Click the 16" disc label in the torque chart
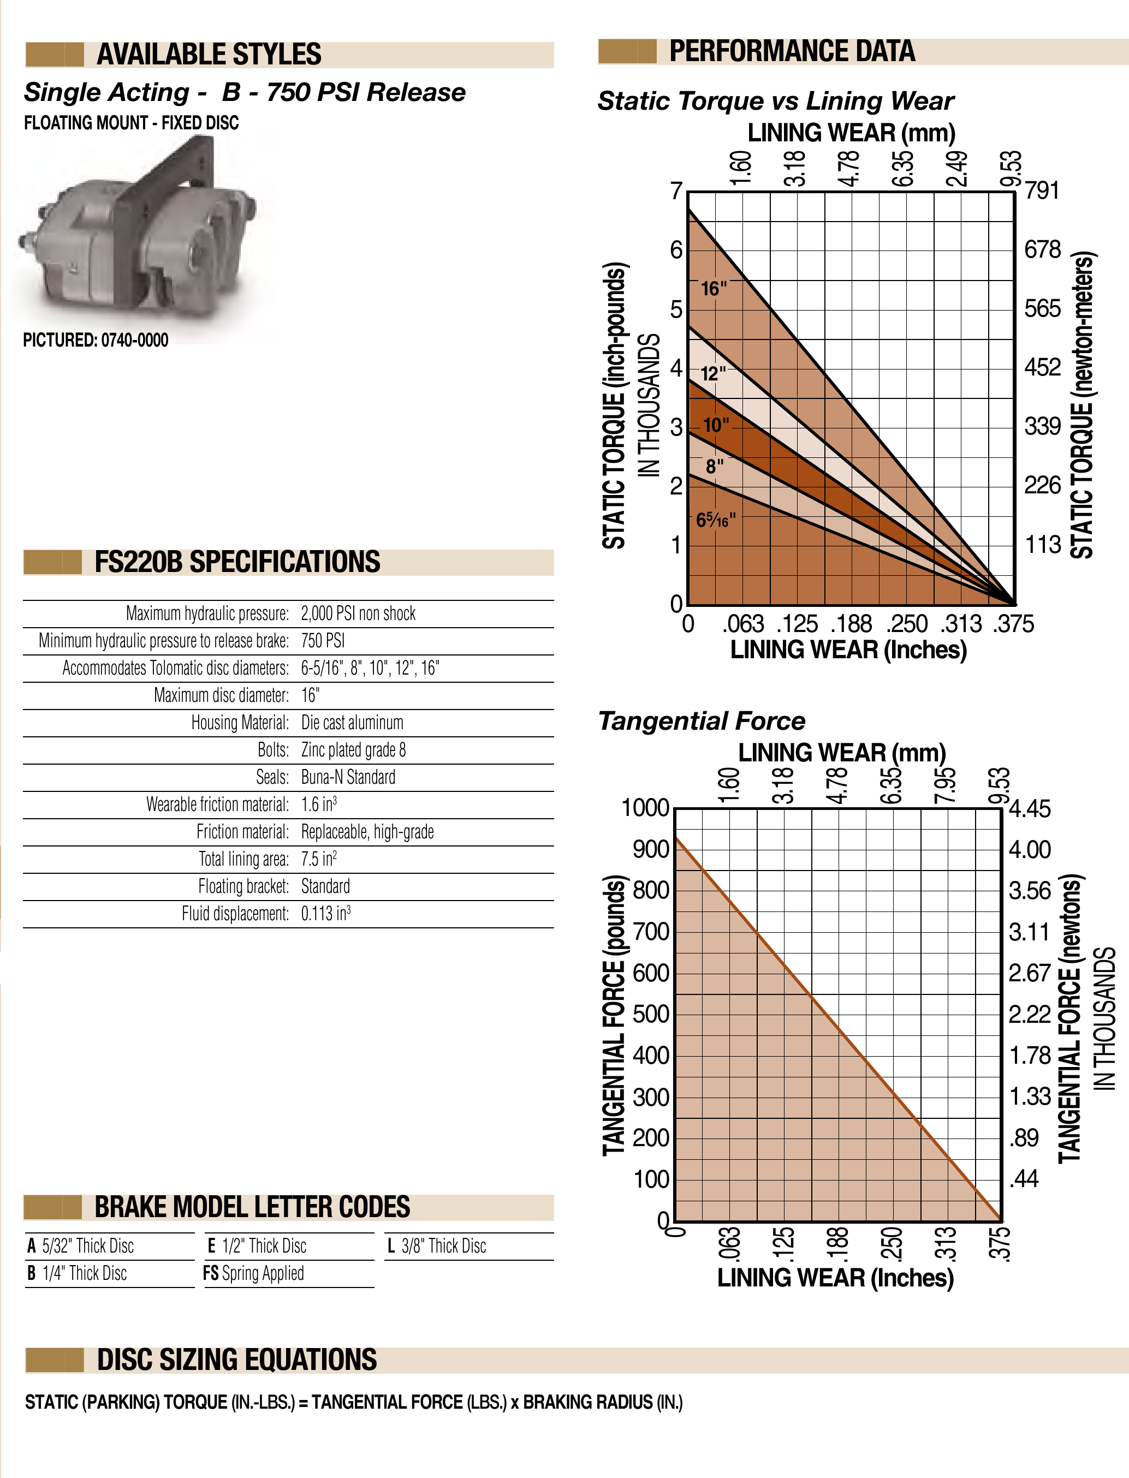(714, 289)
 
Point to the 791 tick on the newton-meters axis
(1042, 191)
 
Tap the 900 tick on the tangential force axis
(651, 849)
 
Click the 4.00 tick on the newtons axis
(1030, 850)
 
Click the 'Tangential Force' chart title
(702, 721)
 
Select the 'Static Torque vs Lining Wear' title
(776, 101)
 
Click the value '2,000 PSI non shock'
(358, 613)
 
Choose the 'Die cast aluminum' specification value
(352, 723)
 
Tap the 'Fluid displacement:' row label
(235, 914)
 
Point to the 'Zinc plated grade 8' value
(353, 750)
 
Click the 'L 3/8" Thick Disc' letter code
(437, 1246)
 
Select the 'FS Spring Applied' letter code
(253, 1273)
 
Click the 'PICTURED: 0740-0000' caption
(96, 340)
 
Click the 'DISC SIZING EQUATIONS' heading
(236, 1360)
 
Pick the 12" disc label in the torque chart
(712, 373)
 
